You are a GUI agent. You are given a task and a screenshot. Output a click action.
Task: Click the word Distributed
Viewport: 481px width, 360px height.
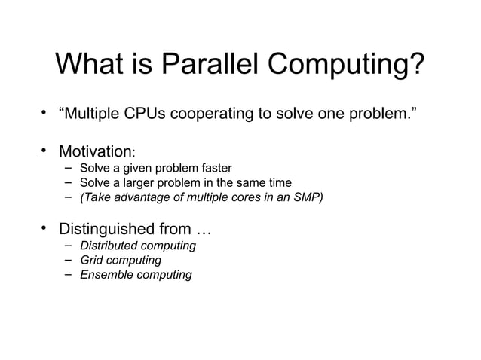point(105,246)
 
